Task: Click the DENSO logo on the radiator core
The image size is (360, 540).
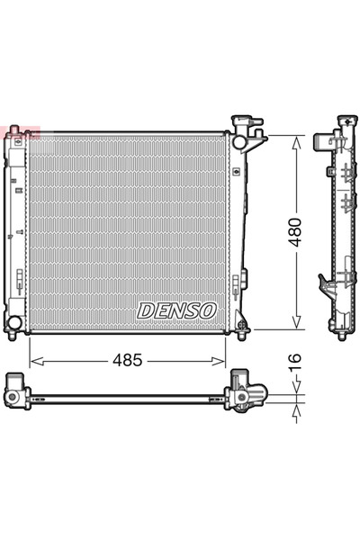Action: tap(176, 310)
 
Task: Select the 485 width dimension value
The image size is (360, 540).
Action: tap(127, 360)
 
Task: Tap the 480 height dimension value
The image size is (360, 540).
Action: tap(295, 233)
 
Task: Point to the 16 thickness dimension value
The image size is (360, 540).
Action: tap(295, 362)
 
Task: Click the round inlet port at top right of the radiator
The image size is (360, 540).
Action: tap(239, 141)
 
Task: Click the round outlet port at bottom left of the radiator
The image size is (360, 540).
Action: tap(13, 322)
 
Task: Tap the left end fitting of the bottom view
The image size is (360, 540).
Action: tap(16, 392)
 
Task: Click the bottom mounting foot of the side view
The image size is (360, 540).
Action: tap(342, 335)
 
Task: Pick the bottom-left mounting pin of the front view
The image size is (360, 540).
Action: tap(12, 335)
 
